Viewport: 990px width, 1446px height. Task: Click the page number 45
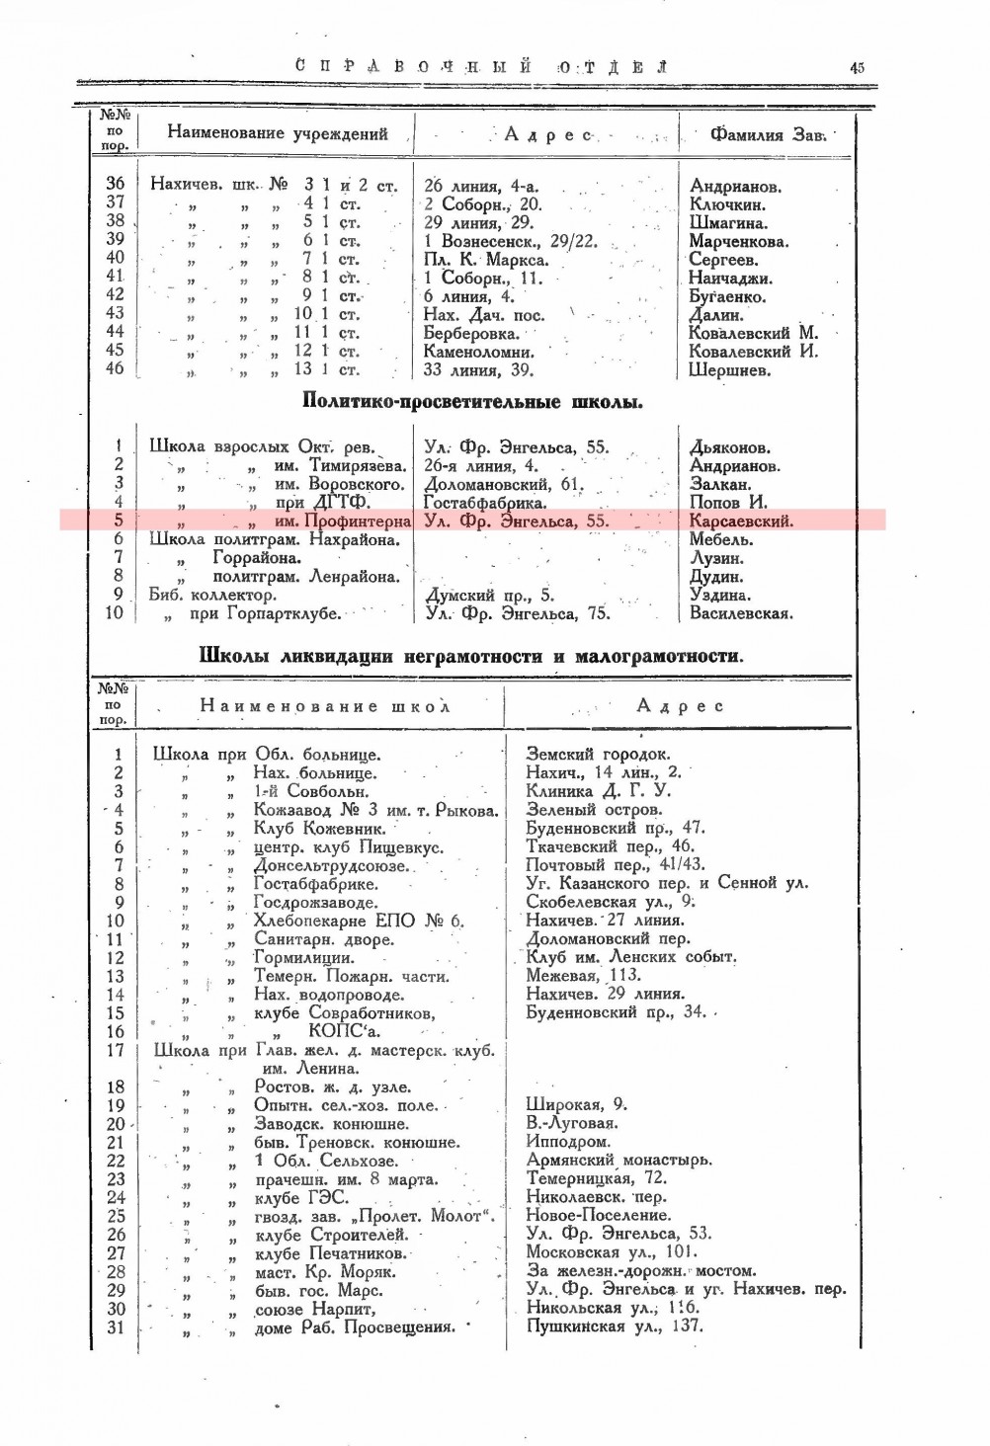[x=856, y=67]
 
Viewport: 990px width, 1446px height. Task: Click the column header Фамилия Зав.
[x=767, y=134]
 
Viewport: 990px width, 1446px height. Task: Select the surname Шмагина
[x=728, y=223]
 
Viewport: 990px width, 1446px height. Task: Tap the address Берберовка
[x=471, y=333]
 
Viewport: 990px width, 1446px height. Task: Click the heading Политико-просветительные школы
[x=472, y=402]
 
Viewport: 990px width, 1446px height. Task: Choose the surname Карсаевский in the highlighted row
[x=741, y=522]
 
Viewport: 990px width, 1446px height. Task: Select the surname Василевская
[x=740, y=613]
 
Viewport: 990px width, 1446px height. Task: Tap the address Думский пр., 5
[x=489, y=596]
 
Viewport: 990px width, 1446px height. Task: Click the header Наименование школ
[x=324, y=706]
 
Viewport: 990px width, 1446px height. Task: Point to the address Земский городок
[x=598, y=755]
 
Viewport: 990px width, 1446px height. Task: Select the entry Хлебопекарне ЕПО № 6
[x=359, y=922]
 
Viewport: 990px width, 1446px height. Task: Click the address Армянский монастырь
[x=619, y=1161]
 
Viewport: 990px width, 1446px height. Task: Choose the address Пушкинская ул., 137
[x=615, y=1326]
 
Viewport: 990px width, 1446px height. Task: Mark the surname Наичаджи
[x=731, y=279]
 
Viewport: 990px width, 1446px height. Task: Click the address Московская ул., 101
[x=611, y=1252]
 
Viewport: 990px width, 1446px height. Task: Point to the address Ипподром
[x=568, y=1142]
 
